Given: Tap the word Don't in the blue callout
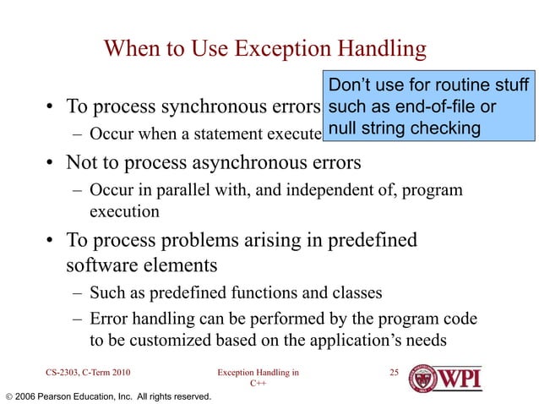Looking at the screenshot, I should pyautogui.click(x=351, y=86).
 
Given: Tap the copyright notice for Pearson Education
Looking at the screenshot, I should pyautogui.click(x=107, y=396).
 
